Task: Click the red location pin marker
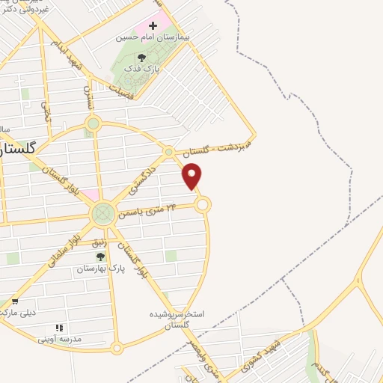[192, 177]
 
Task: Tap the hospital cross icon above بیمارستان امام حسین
[153, 25]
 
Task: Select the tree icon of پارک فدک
[141, 57]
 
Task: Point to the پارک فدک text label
[142, 68]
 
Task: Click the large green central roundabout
[103, 214]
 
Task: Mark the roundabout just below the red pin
[203, 204]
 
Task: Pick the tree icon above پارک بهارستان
[100, 257]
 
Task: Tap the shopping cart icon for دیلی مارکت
[14, 301]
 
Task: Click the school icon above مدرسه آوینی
[59, 328]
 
